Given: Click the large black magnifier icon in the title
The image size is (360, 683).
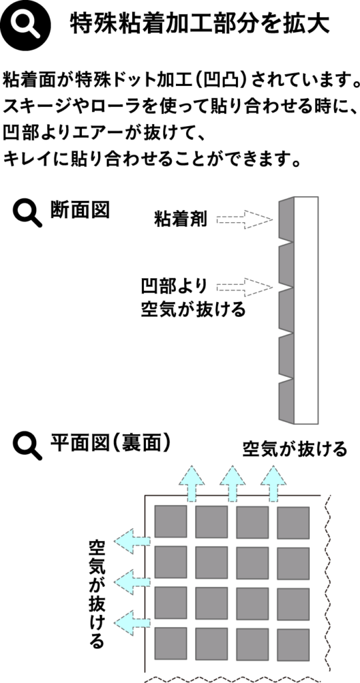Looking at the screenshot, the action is (25, 26).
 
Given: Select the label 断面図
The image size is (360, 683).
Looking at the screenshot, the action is (79, 210).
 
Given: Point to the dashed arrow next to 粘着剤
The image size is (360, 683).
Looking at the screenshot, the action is (245, 220).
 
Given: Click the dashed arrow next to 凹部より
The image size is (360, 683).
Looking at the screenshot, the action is (245, 287).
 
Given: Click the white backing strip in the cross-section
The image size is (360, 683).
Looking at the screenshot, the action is (306, 310).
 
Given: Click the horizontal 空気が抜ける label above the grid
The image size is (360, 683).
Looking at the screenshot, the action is (295, 448).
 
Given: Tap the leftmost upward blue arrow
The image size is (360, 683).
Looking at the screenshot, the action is (191, 483).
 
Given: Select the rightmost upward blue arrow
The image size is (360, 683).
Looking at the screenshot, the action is (273, 483).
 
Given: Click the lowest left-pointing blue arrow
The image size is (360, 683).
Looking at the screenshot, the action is (133, 622).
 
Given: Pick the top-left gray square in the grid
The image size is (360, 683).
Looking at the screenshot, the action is (171, 522).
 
